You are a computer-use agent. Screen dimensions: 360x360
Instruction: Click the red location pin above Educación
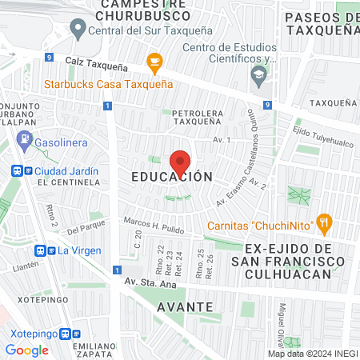click(x=181, y=162)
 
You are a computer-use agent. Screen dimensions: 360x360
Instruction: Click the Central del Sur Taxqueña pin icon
click(x=78, y=31)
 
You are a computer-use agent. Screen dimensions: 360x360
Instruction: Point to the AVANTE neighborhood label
click(x=185, y=306)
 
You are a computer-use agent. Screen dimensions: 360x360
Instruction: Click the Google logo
click(x=26, y=350)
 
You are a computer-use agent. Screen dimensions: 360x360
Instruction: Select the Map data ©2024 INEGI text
click(x=312, y=354)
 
